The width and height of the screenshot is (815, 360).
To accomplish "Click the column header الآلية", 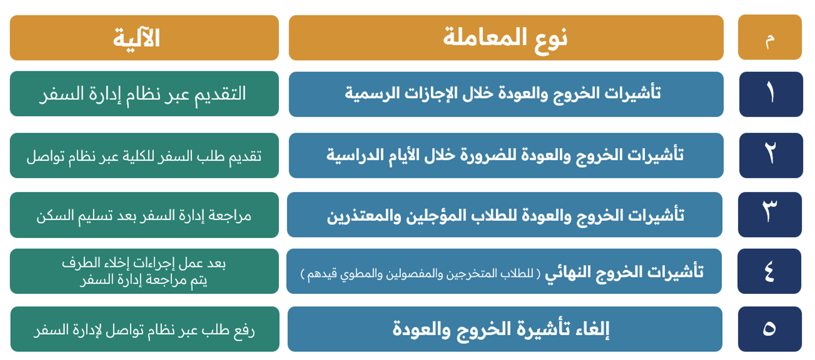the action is point(144,37).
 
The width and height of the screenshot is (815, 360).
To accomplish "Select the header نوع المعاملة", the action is point(506,37).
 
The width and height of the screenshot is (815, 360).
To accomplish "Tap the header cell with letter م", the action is point(770,37).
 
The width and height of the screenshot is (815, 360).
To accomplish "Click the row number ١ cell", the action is point(771,94).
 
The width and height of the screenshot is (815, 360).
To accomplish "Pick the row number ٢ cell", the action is point(771,156).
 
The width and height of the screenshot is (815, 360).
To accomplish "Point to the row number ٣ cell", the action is point(770,215).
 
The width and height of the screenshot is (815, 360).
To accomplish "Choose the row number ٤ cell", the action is point(769,271).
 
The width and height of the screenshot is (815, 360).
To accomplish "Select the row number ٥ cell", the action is point(770,329).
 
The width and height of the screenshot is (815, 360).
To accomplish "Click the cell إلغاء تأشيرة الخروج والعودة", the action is point(505,329).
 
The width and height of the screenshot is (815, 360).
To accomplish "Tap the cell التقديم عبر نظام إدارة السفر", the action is point(144,94).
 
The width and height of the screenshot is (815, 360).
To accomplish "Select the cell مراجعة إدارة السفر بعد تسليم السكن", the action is point(144,215).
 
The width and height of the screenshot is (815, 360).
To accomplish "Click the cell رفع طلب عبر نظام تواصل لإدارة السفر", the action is point(145,329).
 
